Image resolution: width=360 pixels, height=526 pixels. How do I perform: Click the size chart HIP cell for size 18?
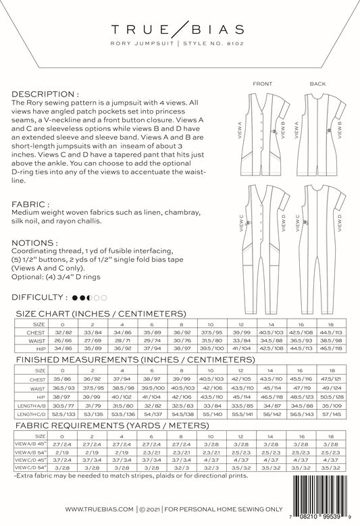point(332,349)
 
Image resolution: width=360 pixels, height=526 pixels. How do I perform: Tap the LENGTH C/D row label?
point(30,413)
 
